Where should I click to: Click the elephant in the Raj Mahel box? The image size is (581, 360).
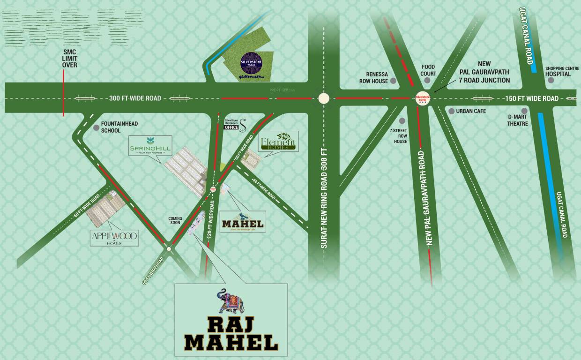point(231,301)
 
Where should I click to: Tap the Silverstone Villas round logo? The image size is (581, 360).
point(251,63)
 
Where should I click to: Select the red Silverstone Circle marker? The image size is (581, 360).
point(423,99)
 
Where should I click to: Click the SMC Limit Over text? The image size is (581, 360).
point(70,58)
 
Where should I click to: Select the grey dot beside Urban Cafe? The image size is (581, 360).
point(451,111)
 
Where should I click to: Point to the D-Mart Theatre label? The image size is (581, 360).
point(517,120)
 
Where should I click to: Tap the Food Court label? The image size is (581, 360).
point(428,70)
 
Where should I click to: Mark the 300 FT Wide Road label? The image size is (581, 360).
point(135,98)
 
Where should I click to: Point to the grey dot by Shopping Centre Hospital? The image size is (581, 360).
point(551,80)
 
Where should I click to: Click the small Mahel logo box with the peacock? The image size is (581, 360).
point(243,221)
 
